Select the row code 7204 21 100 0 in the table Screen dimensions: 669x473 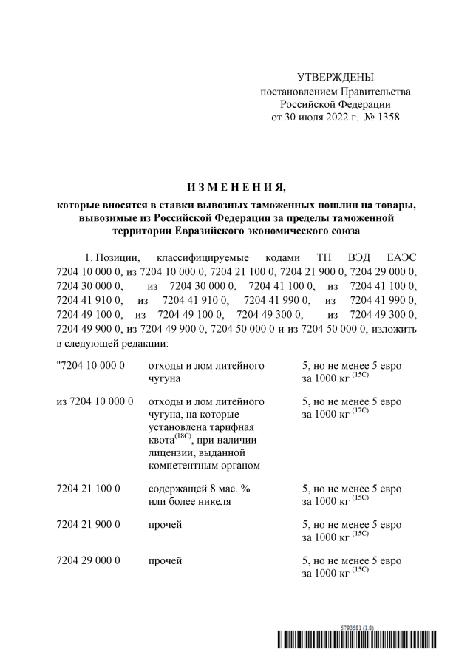89,489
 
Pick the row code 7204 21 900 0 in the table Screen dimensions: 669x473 89,525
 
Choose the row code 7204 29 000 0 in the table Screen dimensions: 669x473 89,560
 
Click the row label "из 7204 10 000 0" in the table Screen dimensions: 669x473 95,401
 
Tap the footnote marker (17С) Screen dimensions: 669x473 360,411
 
